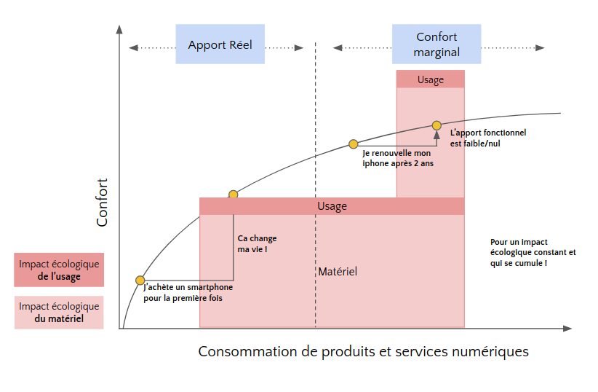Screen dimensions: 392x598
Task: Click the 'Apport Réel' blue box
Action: click(x=220, y=44)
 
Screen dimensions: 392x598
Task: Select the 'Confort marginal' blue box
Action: click(x=436, y=44)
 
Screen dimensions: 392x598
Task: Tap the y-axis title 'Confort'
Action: click(x=103, y=202)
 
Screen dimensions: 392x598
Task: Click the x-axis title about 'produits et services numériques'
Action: click(x=363, y=352)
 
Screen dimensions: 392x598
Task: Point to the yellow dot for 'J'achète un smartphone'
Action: click(x=140, y=280)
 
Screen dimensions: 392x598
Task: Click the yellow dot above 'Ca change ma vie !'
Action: click(x=233, y=195)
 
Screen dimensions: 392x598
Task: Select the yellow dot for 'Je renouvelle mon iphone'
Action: click(x=353, y=144)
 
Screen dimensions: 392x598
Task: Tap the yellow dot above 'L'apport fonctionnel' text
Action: click(x=436, y=125)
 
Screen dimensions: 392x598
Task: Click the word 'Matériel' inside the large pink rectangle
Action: click(x=338, y=272)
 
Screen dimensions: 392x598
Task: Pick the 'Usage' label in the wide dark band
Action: click(x=332, y=206)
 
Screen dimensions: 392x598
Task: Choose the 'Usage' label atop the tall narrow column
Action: click(x=430, y=79)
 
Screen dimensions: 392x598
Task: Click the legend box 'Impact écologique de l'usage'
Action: click(x=59, y=270)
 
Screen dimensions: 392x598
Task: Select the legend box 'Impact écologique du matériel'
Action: click(x=59, y=313)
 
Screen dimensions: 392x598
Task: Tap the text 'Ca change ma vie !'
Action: click(x=257, y=244)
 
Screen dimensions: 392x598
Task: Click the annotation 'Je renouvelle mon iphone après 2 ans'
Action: click(x=396, y=159)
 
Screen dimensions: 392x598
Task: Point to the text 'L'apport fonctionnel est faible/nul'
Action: click(x=488, y=138)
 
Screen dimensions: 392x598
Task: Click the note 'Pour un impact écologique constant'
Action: click(x=533, y=252)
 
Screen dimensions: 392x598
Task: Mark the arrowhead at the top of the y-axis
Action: click(x=119, y=30)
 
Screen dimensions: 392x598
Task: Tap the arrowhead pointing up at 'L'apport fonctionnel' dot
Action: click(x=436, y=134)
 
